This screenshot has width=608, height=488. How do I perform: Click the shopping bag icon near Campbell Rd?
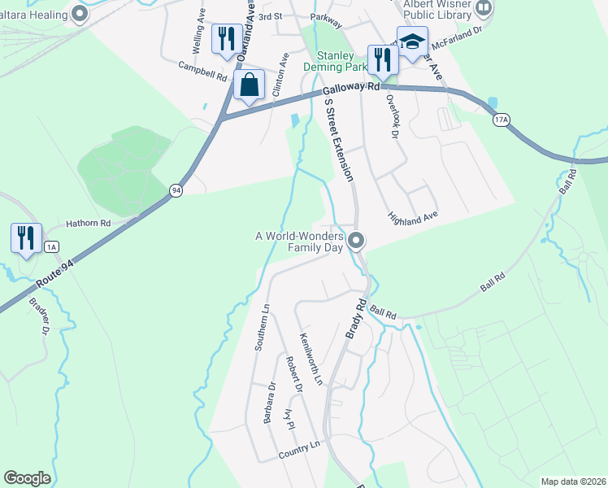coord(249,85)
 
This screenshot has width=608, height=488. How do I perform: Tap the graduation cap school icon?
coord(412,42)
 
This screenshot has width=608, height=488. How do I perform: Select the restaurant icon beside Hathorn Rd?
coord(26,237)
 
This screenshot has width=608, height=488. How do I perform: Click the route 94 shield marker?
coord(176,190)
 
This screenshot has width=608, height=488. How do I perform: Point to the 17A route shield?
coord(502,120)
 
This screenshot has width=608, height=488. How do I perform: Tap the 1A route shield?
coord(52,246)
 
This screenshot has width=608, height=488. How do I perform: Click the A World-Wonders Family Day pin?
coord(356,240)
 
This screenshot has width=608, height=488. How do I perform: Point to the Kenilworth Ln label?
coord(311,359)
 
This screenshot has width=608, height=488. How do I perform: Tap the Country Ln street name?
coord(298,449)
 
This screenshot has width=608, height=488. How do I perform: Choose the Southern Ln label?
coord(262,329)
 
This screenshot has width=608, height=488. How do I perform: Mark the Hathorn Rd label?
coord(88,223)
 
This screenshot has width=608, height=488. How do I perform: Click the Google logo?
coord(28,478)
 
